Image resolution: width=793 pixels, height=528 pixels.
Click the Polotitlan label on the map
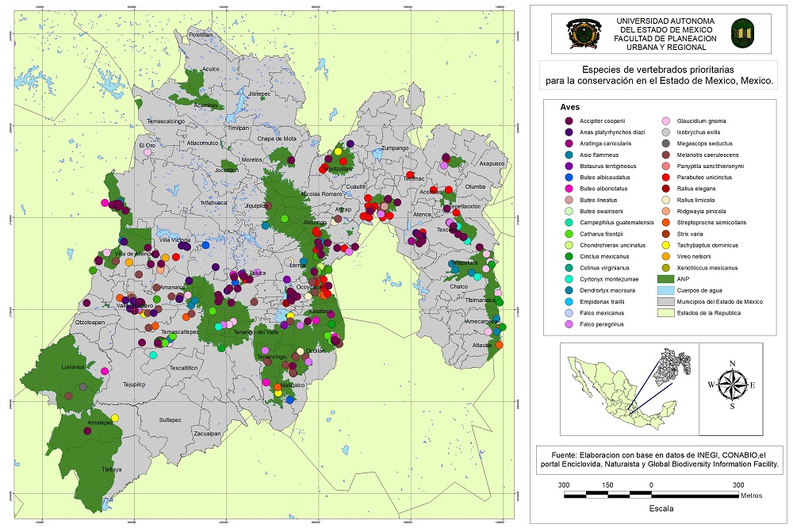pos(201,34)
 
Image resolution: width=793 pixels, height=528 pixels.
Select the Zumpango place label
pos(394,148)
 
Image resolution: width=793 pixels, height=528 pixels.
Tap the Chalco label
pos(459,286)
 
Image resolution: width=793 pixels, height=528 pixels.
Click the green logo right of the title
pos(743,33)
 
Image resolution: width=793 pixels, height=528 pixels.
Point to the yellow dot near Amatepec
pos(115,418)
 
